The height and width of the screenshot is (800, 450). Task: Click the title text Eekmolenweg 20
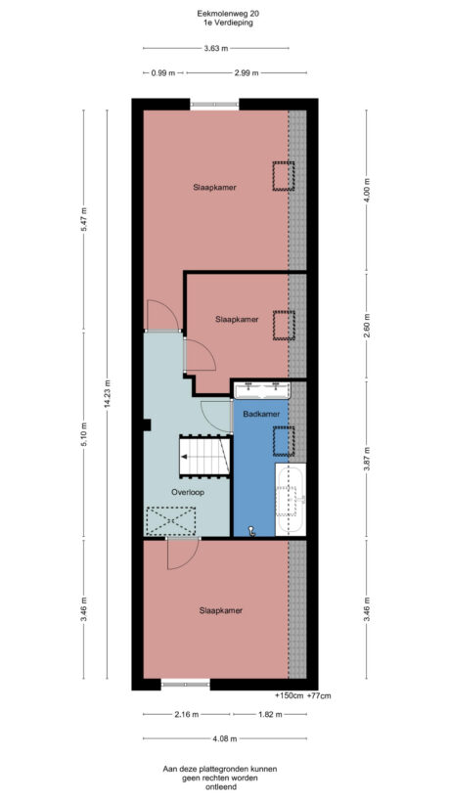pos(225,13)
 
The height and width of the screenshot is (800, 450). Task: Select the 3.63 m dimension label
pos(215,48)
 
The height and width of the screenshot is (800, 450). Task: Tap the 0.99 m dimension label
pos(163,72)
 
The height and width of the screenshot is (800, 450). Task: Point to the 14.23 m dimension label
pos(109,394)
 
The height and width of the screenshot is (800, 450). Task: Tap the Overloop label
pos(187,492)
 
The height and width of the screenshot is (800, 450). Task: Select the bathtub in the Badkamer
pos(292,500)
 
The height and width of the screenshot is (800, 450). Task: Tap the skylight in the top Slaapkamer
pos(282,176)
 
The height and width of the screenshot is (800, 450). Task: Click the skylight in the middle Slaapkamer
pos(283,325)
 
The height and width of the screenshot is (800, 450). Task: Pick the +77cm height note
pos(319,695)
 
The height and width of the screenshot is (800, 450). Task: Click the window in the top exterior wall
pos(214,104)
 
